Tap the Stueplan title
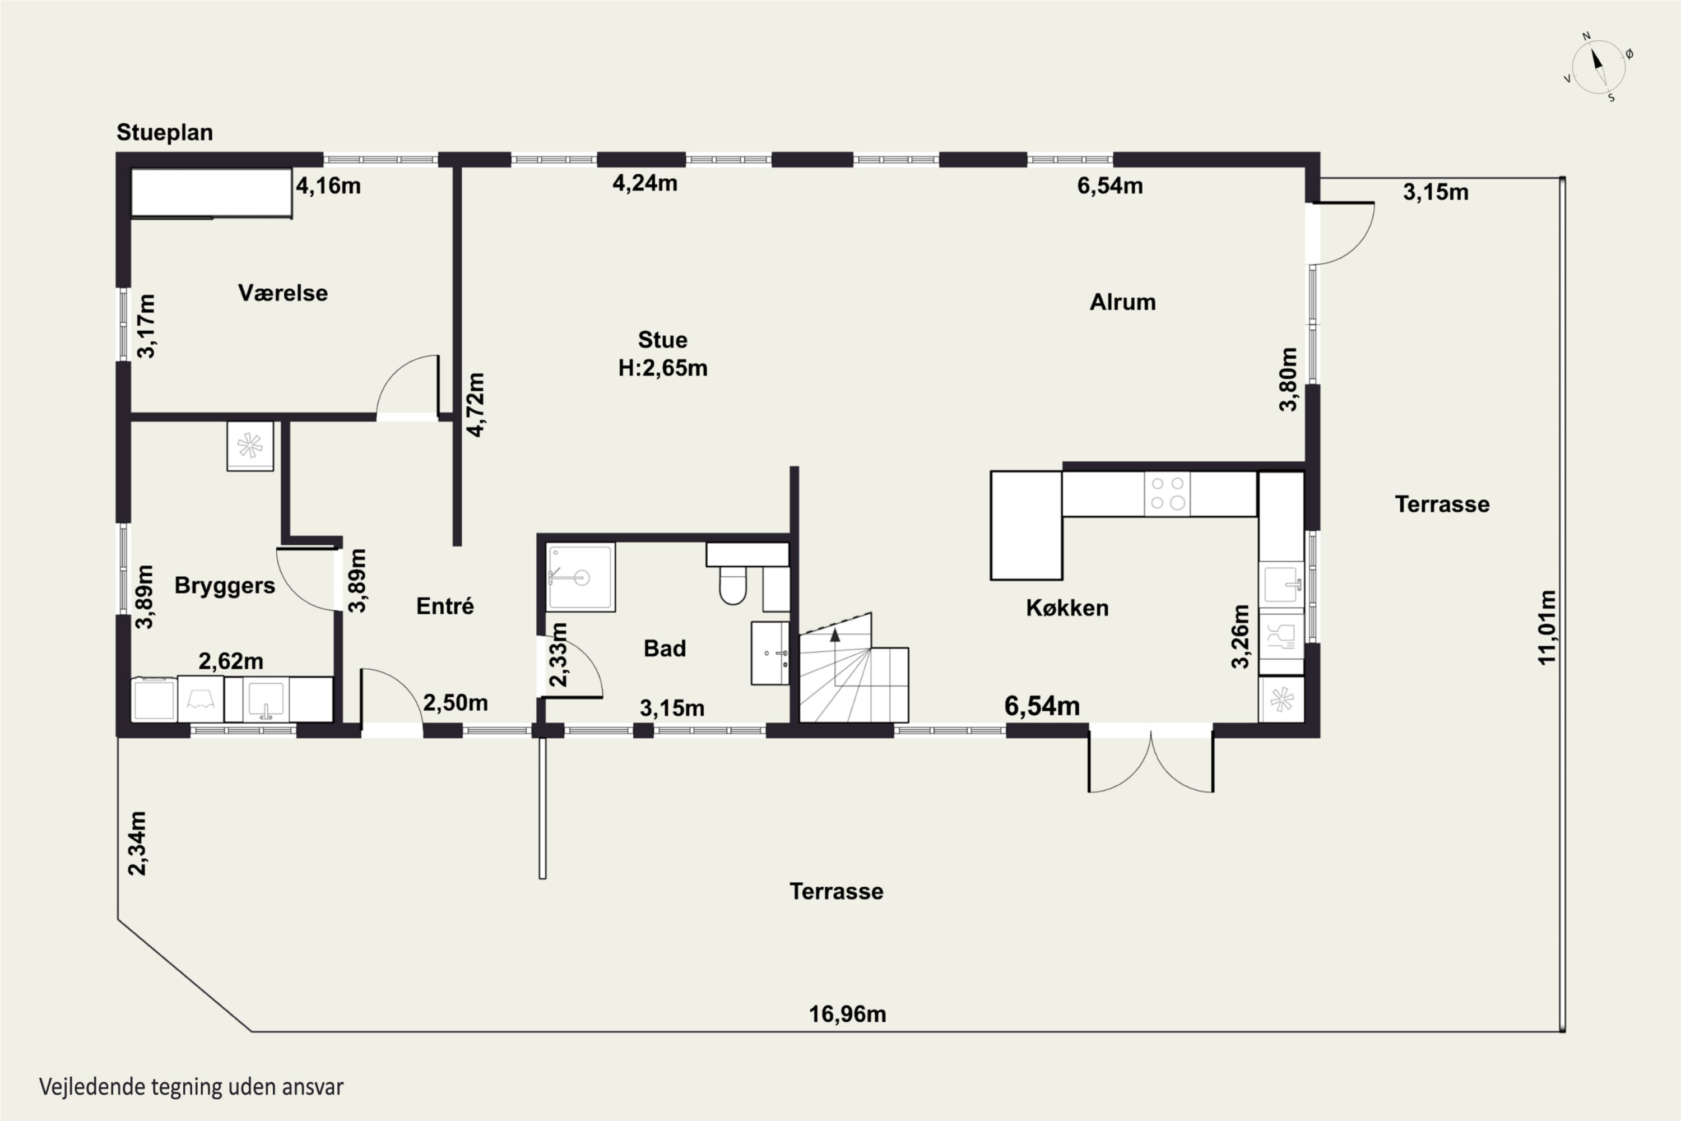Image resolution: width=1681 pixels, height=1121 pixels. point(164,132)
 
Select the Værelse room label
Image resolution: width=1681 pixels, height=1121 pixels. point(283,293)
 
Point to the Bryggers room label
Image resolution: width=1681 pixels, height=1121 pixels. point(225,586)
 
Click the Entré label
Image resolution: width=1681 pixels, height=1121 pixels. point(444,606)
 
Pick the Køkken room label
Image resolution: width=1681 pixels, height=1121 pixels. point(1067,608)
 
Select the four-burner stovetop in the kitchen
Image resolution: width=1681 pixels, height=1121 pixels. point(1167,493)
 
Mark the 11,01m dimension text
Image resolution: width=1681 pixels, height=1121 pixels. point(1546,627)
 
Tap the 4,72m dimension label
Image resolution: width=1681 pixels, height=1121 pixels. point(475,404)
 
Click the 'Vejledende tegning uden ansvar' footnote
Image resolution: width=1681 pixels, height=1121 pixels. point(192,1087)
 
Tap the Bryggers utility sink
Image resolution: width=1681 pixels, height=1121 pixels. point(265,699)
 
